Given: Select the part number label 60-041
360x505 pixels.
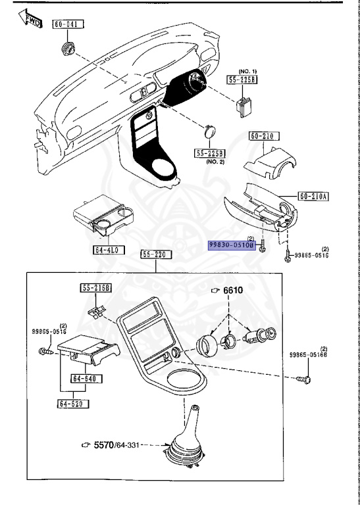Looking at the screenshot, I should pyautogui.click(x=66, y=24).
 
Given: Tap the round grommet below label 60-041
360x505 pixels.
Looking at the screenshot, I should pyautogui.click(x=67, y=49).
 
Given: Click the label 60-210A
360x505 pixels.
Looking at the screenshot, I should pyautogui.click(x=313, y=196).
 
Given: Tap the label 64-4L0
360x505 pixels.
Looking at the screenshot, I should pyautogui.click(x=105, y=250).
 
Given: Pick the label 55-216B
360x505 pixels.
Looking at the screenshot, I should pyautogui.click(x=96, y=288).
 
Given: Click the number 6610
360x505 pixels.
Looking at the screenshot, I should pyautogui.click(x=232, y=291).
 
